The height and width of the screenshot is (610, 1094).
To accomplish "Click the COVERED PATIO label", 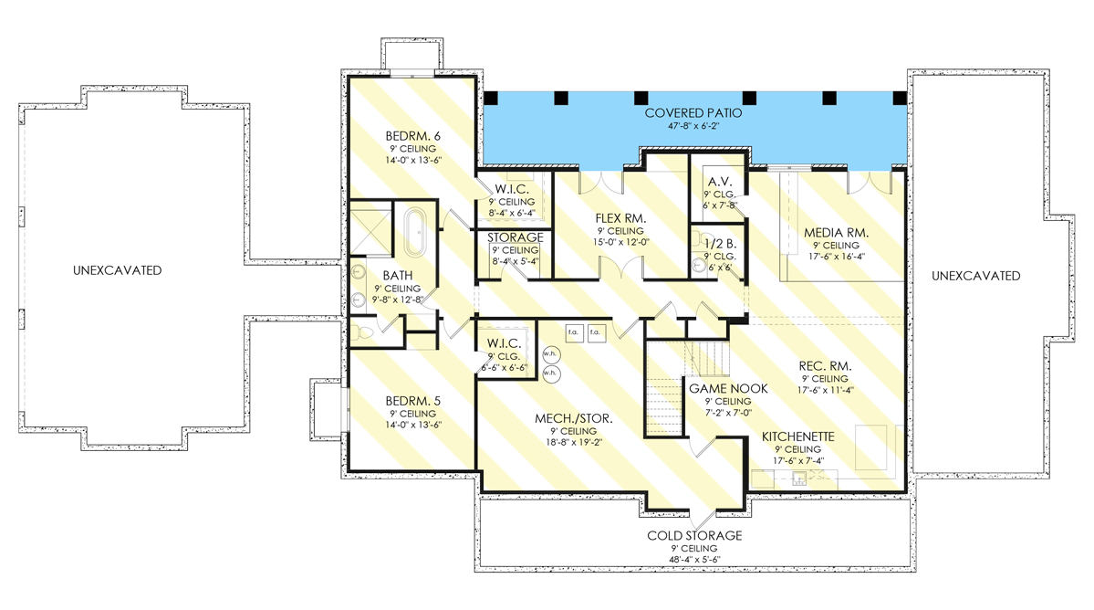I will tap(693, 113).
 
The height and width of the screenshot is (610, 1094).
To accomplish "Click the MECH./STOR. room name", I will tap(573, 419).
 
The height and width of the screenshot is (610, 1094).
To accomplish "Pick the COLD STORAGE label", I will tap(695, 536).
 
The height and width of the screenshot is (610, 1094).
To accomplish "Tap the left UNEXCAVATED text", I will tap(119, 270).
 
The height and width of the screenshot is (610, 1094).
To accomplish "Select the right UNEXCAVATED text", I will tap(976, 276).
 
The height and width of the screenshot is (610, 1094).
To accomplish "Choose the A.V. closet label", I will tap(714, 181).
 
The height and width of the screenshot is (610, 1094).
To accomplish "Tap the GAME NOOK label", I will tap(727, 388).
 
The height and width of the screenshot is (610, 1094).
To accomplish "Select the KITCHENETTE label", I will tap(797, 437).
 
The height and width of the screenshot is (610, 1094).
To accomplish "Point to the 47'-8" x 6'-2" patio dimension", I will tap(693, 127).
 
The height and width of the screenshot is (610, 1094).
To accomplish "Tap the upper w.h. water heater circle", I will tap(550, 352).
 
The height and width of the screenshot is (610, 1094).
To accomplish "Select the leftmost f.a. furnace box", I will tap(575, 331).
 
